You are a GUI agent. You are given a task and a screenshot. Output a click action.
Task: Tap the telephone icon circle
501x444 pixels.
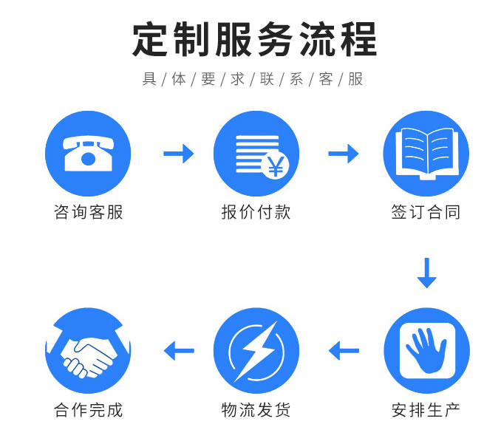[88, 154]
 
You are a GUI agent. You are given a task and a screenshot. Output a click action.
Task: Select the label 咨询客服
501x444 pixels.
[88, 213]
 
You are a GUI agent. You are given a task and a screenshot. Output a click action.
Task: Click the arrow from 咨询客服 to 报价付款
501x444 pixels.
[178, 154]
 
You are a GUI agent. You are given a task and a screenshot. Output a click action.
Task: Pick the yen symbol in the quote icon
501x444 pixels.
[275, 167]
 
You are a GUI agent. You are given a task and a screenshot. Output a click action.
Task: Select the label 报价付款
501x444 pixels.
[256, 213]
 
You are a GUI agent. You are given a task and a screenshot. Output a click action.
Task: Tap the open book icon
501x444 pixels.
[426, 154]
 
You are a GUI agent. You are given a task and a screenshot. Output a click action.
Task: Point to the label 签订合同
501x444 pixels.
[426, 213]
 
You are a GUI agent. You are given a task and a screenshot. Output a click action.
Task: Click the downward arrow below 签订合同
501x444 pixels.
[426, 272]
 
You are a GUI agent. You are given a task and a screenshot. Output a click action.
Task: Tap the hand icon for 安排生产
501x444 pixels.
[426, 350]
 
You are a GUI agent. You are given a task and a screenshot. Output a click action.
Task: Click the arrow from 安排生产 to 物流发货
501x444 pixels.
[344, 350]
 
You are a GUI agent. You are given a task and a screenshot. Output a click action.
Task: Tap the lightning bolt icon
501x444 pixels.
[256, 350]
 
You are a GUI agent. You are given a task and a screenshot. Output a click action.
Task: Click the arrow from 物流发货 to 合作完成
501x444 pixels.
[179, 350]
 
